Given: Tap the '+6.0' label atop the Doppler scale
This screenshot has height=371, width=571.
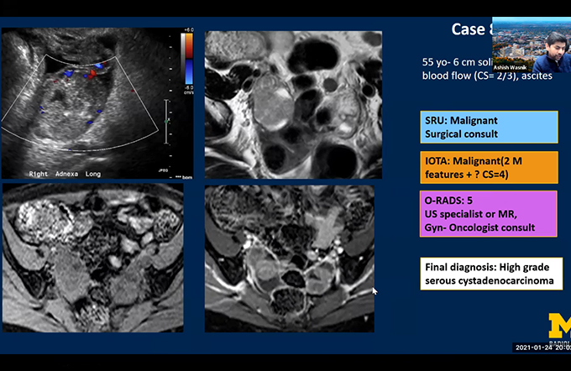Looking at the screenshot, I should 189,31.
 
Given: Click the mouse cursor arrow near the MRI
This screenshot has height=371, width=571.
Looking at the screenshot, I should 375,291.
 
